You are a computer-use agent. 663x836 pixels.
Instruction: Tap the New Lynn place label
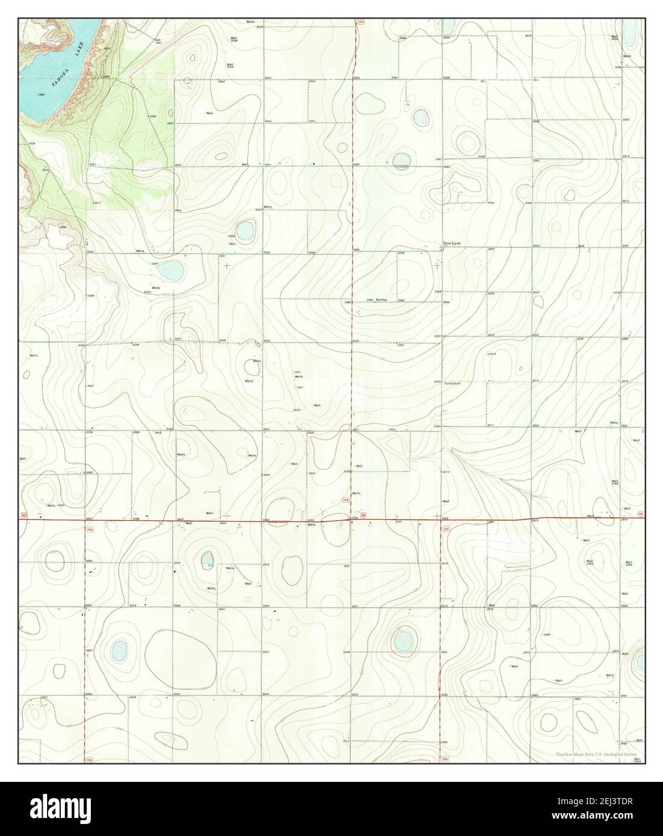point(452,244)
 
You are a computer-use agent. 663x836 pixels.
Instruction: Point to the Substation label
point(452,383)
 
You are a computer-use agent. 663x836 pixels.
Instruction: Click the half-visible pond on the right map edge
point(640,662)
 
